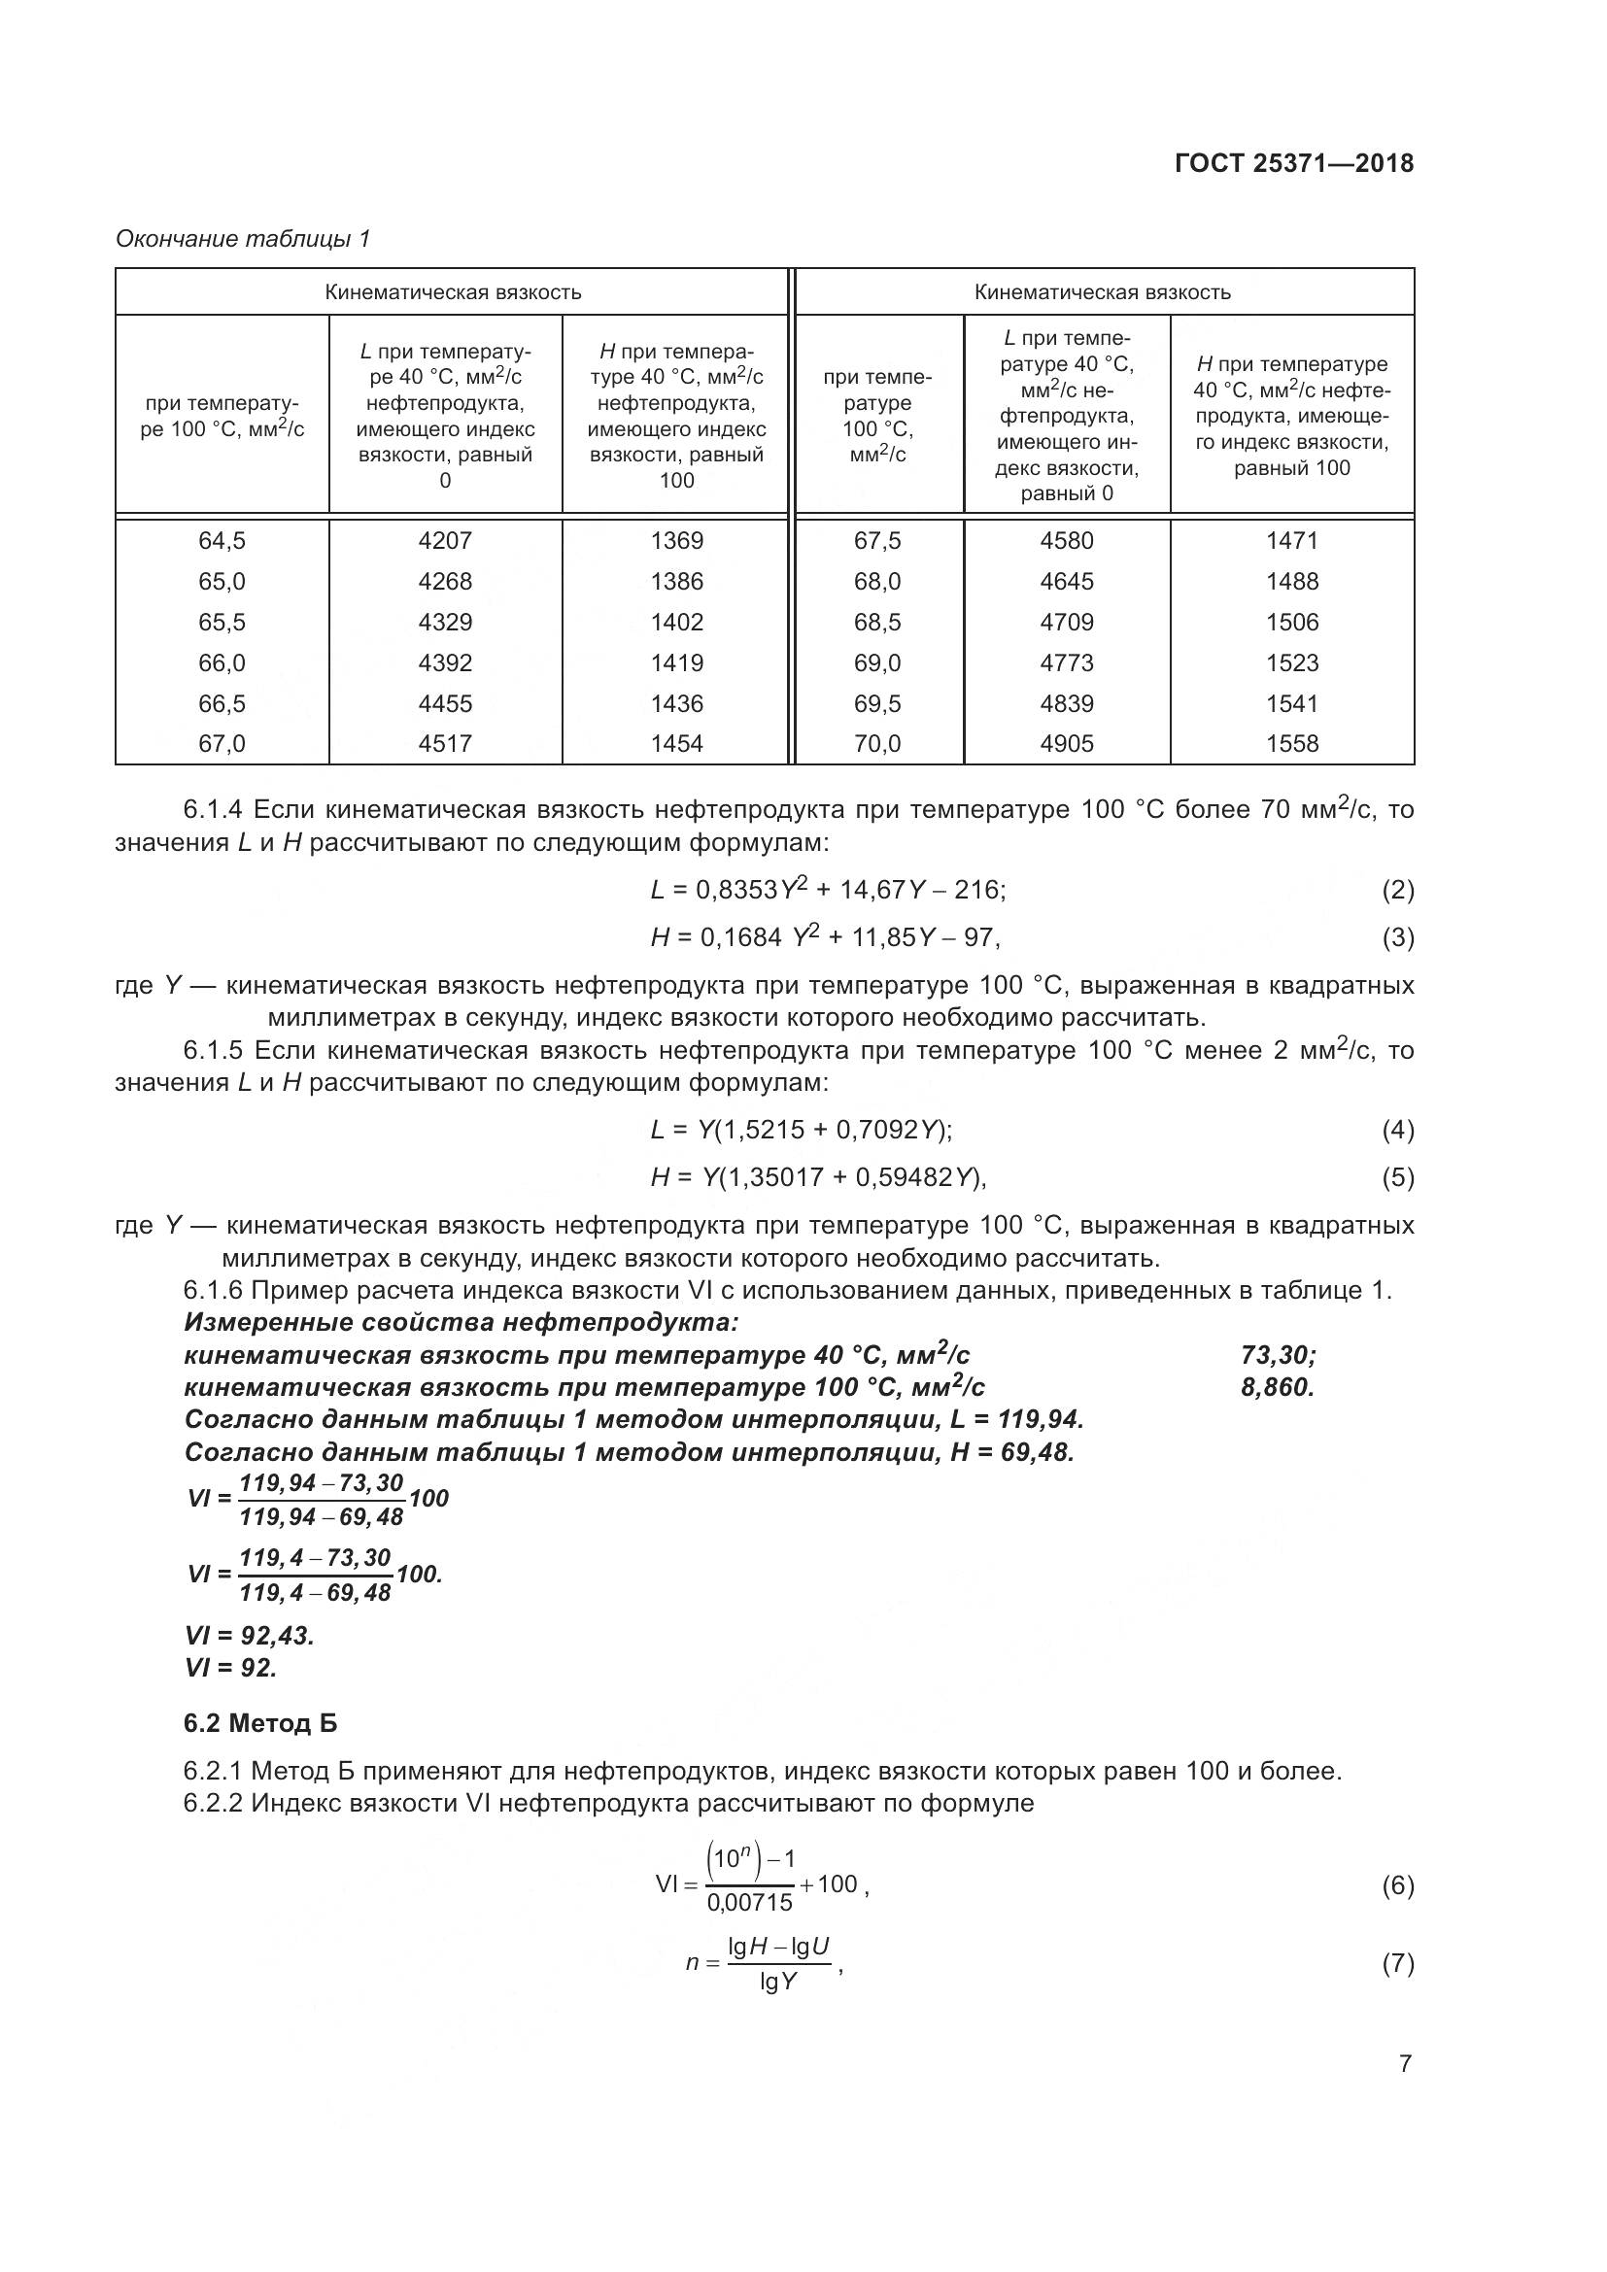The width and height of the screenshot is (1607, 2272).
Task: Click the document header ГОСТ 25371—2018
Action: tap(1293, 163)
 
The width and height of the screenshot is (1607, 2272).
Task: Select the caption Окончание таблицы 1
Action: tap(243, 239)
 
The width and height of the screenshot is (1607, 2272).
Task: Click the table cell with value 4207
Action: tap(444, 540)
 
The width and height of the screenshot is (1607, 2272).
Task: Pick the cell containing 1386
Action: tap(677, 581)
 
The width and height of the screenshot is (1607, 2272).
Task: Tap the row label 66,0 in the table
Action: tap(222, 662)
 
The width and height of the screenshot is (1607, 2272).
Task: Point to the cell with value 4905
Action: tap(1066, 743)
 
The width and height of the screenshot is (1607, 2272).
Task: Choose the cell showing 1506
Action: tap(1291, 622)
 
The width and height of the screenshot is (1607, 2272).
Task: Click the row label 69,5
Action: tap(876, 703)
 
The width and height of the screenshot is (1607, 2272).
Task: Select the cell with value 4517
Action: tap(444, 743)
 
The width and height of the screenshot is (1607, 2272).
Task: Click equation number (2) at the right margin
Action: tap(1397, 890)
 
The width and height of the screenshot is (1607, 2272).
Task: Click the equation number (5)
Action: tap(1397, 1177)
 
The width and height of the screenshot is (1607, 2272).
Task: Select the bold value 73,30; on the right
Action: tap(1278, 1355)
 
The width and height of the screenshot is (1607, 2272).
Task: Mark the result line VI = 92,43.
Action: tap(250, 1636)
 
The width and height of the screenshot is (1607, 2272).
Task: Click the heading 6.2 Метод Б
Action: tap(260, 1724)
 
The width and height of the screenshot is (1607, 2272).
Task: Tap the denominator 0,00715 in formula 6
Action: tap(749, 1902)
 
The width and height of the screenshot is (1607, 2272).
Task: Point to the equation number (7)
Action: tap(1397, 1964)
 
